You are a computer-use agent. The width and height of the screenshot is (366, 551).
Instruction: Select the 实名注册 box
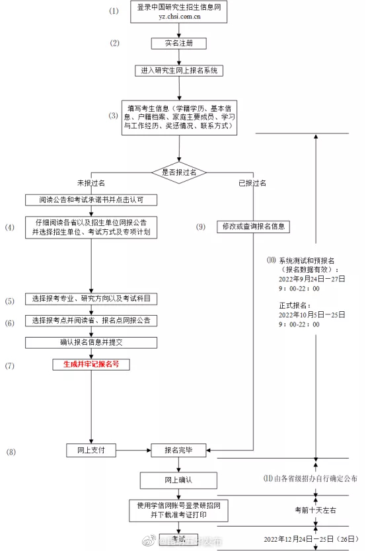coord(178,44)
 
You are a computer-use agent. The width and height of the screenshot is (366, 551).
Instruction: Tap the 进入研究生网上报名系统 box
coord(178,70)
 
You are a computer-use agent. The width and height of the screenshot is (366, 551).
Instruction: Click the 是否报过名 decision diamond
coord(179,172)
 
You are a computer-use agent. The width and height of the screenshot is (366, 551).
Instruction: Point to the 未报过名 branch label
coord(91,183)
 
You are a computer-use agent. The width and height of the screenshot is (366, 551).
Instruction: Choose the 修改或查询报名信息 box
coord(253,226)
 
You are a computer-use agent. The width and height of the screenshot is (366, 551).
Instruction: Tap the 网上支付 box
coord(91,450)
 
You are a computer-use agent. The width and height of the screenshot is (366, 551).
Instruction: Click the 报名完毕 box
coord(178,450)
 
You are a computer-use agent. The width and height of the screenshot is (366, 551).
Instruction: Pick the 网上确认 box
coord(178,479)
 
